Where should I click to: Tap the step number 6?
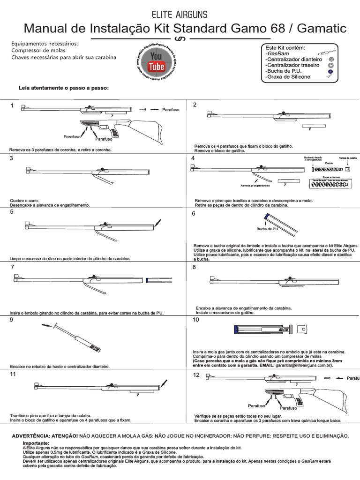tap(194, 213)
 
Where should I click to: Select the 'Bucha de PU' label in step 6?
tap(267, 229)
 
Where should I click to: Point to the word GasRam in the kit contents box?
tap(277, 54)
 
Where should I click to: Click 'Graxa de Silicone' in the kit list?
tap(287, 76)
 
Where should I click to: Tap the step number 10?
tap(195, 320)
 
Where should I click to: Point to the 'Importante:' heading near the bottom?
tap(36, 443)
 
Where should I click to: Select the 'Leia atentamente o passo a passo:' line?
tap(63, 88)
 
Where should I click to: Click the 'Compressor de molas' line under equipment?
tap(38, 50)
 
